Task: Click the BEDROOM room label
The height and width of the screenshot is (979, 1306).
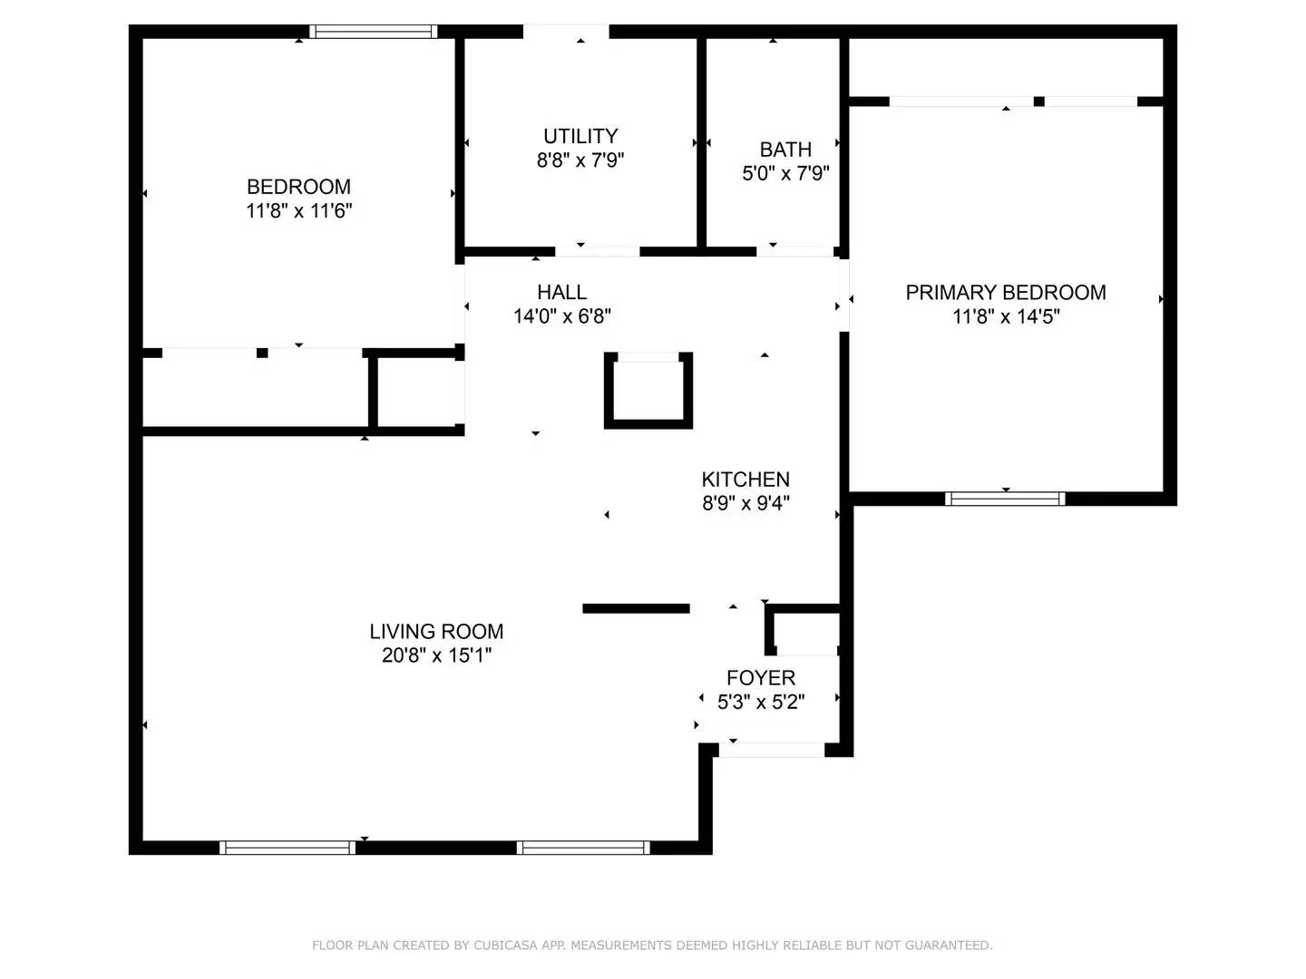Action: coord(298,187)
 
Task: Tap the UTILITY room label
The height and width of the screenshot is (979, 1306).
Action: coord(580,136)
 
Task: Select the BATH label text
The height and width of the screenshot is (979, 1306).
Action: coord(785,150)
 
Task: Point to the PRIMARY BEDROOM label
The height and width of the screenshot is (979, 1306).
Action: coord(1006,293)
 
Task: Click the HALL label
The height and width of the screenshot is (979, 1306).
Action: coord(561,292)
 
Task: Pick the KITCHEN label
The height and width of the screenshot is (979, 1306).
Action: coord(746,480)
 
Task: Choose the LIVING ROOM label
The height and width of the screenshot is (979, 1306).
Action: coord(436,632)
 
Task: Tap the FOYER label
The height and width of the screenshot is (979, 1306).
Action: coord(761,678)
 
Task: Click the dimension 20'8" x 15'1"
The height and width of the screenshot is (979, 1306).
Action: coord(436,655)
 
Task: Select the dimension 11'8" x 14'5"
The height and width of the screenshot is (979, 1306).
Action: coord(1006,316)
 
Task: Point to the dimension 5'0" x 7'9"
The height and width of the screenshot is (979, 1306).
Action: coord(785,173)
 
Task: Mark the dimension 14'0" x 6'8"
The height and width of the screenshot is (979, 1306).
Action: coord(561,316)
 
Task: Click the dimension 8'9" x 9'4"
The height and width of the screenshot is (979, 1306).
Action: coord(746,503)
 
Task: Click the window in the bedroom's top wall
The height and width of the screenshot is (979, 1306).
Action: coord(373,32)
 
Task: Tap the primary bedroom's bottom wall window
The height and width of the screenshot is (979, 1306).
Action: coord(1005,499)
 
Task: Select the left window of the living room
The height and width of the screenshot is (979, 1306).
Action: coord(287,848)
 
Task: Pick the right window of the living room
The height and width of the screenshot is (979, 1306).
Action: coord(583,848)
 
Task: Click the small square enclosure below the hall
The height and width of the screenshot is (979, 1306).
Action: coord(648,391)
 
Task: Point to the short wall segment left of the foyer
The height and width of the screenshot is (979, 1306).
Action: coord(636,608)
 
